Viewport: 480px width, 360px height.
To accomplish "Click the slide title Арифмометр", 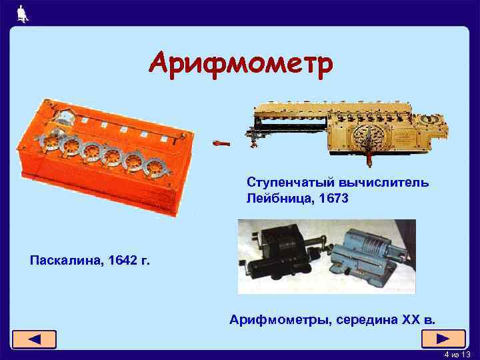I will pos(239,65).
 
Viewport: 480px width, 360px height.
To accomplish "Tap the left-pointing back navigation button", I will pos(33,339).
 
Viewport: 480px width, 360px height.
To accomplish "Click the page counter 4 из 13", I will pos(457,354).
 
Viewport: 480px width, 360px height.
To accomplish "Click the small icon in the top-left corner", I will pos(22,13).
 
